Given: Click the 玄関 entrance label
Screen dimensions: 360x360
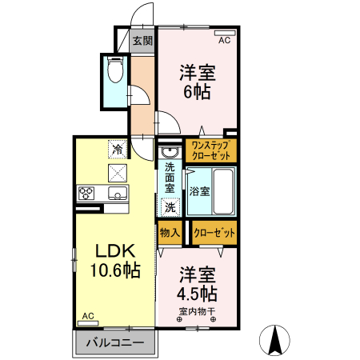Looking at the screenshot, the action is (142, 41).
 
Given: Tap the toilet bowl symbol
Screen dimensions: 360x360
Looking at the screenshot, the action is (115, 70).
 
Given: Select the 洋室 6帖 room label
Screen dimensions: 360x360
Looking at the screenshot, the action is (198, 82).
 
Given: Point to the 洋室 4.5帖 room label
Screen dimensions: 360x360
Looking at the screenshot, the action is (198, 284).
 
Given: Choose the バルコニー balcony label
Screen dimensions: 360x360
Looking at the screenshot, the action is (115, 342).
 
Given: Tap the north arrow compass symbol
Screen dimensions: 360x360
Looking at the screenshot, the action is (274, 340).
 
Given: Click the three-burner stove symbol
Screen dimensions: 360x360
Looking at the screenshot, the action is (86, 193).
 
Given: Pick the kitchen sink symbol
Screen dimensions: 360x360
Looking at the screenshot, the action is (118, 193).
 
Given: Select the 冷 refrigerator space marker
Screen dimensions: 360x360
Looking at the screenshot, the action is (118, 150).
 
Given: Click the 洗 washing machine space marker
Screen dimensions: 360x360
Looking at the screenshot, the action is (170, 207).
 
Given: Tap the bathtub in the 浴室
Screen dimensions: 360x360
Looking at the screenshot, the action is (223, 191).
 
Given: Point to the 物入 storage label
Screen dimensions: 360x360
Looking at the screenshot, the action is (170, 233).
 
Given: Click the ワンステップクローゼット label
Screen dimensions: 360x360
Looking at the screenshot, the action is (211, 150).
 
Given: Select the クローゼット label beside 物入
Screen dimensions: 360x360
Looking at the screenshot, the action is (214, 233).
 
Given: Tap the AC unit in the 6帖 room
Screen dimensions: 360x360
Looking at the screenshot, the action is (225, 33).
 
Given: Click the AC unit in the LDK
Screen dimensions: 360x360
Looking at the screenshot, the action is (88, 323).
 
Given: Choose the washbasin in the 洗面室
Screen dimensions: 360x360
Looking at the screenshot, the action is (170, 152).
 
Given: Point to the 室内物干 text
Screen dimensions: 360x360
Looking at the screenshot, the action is (197, 311).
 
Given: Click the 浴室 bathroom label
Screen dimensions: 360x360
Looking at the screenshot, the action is (199, 191).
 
